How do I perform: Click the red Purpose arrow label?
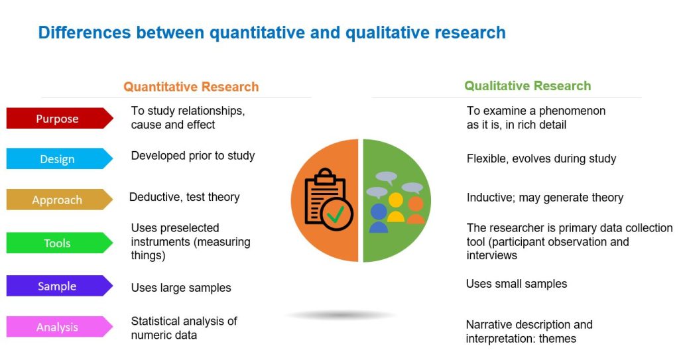tap(58, 119)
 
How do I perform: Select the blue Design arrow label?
tap(58, 159)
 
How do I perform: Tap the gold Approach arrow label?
tap(58, 200)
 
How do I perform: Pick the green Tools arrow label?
tap(58, 243)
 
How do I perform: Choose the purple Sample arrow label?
tap(58, 286)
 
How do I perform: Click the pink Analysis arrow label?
tap(58, 327)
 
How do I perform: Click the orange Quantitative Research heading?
tap(191, 87)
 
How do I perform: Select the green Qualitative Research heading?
tap(527, 86)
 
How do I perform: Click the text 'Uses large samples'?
tap(181, 288)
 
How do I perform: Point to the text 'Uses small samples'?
tap(517, 284)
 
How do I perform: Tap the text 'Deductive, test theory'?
tap(184, 197)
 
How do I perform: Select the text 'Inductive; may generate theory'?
tap(545, 198)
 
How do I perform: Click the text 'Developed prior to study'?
tap(193, 156)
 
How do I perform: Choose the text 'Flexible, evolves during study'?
tap(541, 159)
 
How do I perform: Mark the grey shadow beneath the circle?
tap(341, 315)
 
